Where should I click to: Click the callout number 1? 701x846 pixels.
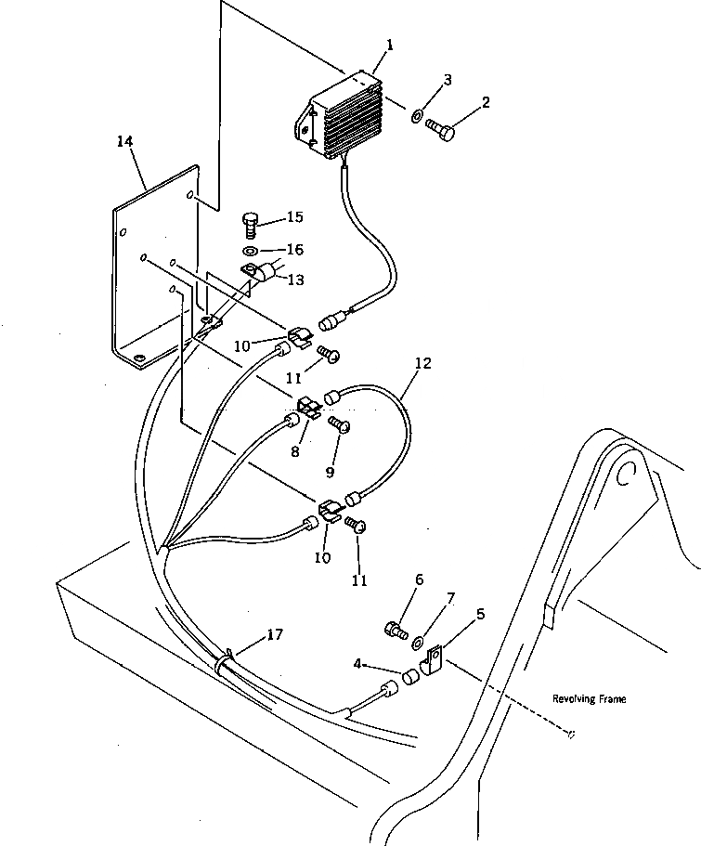click(391, 45)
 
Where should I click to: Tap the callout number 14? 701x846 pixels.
click(125, 141)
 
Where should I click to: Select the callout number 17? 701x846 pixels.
click(275, 635)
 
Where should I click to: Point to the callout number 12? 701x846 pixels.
click(422, 364)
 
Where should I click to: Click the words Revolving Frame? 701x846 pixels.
click(589, 699)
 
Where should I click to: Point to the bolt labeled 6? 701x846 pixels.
click(395, 631)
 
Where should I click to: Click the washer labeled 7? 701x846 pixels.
click(418, 640)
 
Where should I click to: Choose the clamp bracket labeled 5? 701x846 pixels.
click(433, 662)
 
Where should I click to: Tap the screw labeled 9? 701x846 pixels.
click(340, 425)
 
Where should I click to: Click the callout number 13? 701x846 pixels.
click(296, 280)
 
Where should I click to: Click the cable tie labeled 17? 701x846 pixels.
click(224, 665)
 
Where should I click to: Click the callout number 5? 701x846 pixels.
click(480, 614)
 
